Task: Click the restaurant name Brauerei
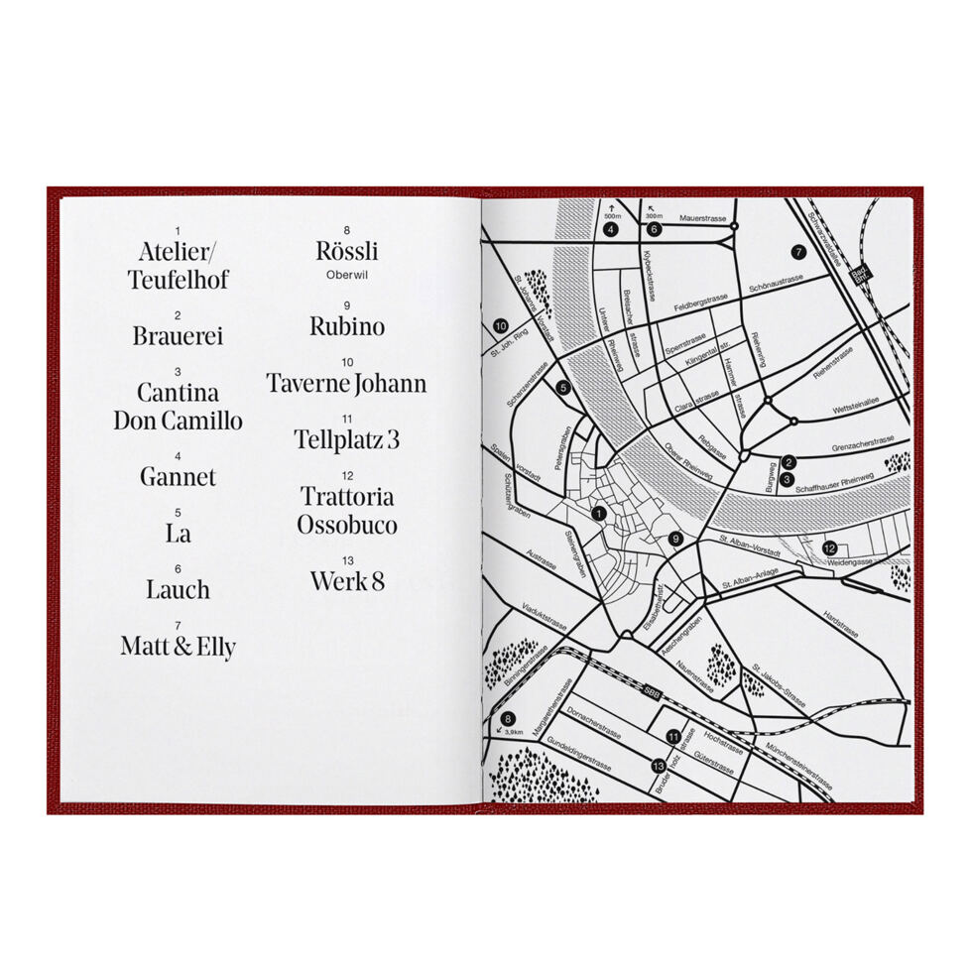[179, 336]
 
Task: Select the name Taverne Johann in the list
[346, 384]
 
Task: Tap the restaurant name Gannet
[178, 477]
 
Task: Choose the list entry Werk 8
[346, 581]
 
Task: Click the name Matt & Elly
[179, 648]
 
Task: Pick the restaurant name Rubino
[346, 326]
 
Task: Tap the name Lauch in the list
[179, 590]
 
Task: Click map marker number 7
[799, 252]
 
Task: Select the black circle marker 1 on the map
[597, 514]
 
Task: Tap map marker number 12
[829, 547]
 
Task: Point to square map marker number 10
[501, 325]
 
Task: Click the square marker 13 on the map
[658, 766]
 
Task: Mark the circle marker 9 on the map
[675, 539]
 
